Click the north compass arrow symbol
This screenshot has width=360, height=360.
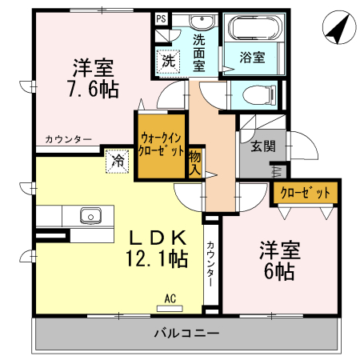coord(338,30)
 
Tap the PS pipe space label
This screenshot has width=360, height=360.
coord(160,18)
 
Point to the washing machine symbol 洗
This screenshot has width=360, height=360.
coord(168,60)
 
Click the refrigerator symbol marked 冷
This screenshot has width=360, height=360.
coord(117,160)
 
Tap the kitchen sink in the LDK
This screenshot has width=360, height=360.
coord(88,216)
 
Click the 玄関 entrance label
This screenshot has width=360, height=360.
coord(262,146)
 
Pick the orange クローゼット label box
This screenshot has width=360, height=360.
coord(305,192)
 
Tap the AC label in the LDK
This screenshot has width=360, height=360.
coord(169,298)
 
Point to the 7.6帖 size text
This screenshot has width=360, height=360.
coord(93,90)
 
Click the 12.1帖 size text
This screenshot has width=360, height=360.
coord(156,258)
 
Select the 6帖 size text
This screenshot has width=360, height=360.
coord(278,270)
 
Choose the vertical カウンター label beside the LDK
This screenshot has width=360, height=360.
coord(210,263)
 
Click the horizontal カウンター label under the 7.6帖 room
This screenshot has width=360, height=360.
coord(68,139)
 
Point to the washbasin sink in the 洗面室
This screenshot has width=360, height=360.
coord(200,21)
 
